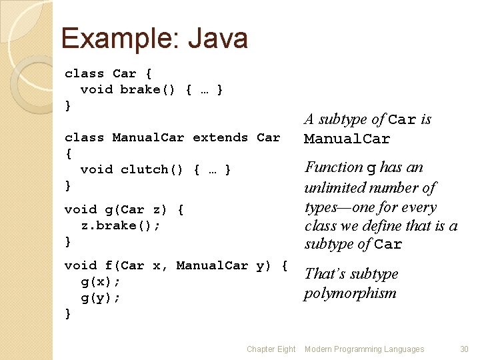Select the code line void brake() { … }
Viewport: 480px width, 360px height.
click(x=151, y=89)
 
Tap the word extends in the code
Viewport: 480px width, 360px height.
click(x=220, y=137)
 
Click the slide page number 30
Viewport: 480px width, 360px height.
click(x=464, y=349)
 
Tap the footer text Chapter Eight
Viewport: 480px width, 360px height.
click(x=271, y=349)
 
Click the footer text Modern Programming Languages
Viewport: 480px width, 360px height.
click(x=364, y=349)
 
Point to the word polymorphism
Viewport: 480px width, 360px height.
click(x=350, y=293)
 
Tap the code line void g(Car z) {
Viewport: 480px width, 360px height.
click(x=123, y=209)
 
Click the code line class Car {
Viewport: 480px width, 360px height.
click(x=108, y=73)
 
